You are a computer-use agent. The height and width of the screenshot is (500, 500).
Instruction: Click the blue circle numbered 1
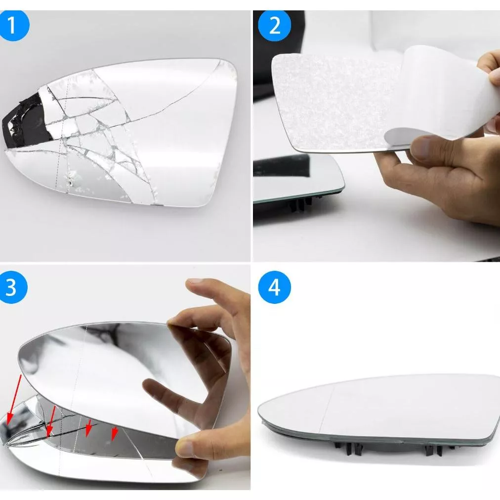(13, 25)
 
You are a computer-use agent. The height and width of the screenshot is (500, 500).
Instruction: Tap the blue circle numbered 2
(274, 25)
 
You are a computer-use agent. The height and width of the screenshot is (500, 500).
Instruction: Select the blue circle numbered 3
(12, 287)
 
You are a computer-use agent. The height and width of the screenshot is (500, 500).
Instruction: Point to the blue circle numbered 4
(274, 287)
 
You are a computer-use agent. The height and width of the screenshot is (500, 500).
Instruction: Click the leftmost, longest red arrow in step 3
(14, 400)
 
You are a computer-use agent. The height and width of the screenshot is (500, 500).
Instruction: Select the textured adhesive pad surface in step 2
(332, 102)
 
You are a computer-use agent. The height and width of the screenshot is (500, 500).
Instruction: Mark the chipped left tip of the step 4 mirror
(263, 422)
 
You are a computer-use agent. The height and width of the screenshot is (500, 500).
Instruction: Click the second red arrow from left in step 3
(51, 421)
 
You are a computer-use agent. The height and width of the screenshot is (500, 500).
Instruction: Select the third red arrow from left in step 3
(88, 428)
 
